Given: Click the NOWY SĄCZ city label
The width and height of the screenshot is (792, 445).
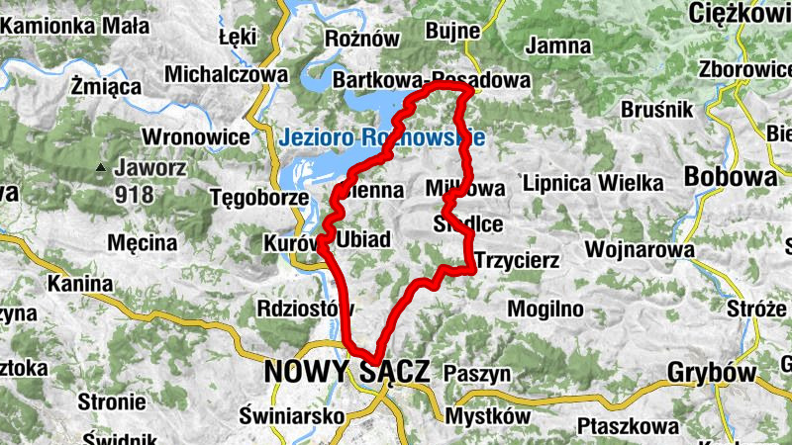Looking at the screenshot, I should click(346, 373).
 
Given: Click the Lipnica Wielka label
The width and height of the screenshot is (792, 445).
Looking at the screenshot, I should click(592, 183).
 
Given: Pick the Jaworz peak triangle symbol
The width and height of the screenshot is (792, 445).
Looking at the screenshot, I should click(100, 169).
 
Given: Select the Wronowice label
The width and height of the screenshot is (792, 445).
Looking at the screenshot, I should click(193, 136).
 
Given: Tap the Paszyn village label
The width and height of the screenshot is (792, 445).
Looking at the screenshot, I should click(476, 374).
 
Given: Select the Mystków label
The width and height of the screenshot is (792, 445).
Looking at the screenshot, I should click(487, 416).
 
